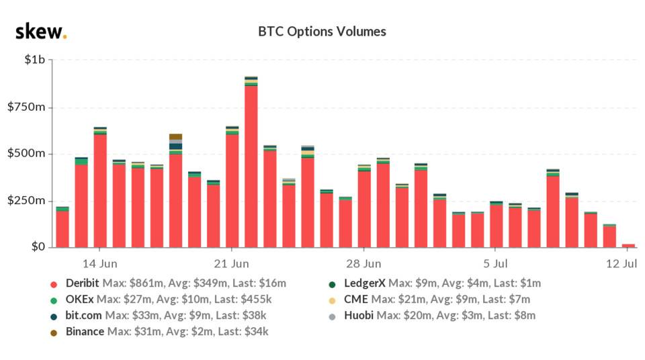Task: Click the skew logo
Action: (41, 32)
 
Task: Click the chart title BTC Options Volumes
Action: (322, 32)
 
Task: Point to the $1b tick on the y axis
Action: (34, 60)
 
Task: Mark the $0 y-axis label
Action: (38, 247)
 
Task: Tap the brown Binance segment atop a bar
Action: (175, 136)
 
